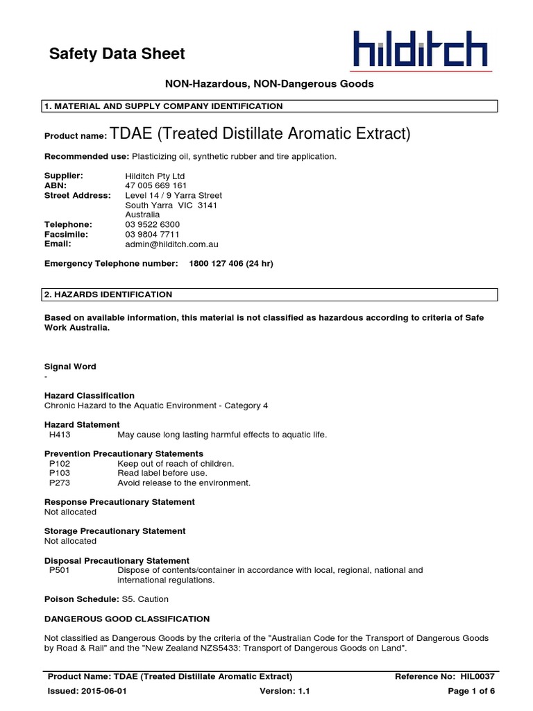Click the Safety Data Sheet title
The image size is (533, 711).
(x=117, y=53)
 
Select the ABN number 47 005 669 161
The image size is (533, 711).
(x=155, y=186)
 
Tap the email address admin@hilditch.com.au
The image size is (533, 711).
(x=172, y=244)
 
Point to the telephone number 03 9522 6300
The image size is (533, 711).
(x=152, y=225)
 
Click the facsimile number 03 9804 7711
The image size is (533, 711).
(x=152, y=235)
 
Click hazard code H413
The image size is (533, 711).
(x=60, y=435)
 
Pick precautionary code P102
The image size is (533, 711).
(x=60, y=463)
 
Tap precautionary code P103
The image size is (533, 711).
(x=60, y=473)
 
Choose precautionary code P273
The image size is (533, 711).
(x=60, y=483)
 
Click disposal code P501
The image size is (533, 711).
(x=60, y=570)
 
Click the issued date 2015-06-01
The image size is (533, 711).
(x=103, y=692)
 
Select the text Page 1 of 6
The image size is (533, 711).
(x=471, y=692)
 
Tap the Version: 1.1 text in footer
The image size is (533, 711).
(x=285, y=692)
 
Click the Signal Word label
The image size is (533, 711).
(x=70, y=367)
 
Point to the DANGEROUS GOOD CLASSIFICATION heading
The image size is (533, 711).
(x=127, y=619)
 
